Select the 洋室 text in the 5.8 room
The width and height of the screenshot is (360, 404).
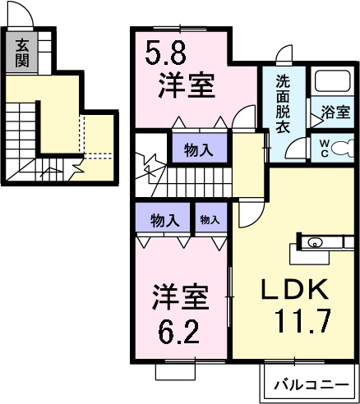187,85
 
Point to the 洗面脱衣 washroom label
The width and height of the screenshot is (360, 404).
283,105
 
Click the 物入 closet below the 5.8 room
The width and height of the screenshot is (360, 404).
194,150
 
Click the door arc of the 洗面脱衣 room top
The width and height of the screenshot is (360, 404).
284,57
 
